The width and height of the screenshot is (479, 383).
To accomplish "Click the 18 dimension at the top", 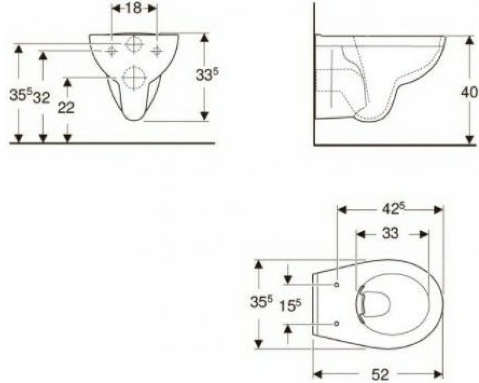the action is [x=134, y=8].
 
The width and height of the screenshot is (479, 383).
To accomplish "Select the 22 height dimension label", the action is [x=67, y=108].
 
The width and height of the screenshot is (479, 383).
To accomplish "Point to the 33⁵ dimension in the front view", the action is [x=208, y=74].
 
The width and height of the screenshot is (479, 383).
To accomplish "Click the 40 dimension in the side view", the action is [x=469, y=92].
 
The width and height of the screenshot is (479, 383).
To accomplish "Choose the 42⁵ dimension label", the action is [x=390, y=209].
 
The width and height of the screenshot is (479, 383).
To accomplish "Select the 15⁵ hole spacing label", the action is [x=290, y=305].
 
